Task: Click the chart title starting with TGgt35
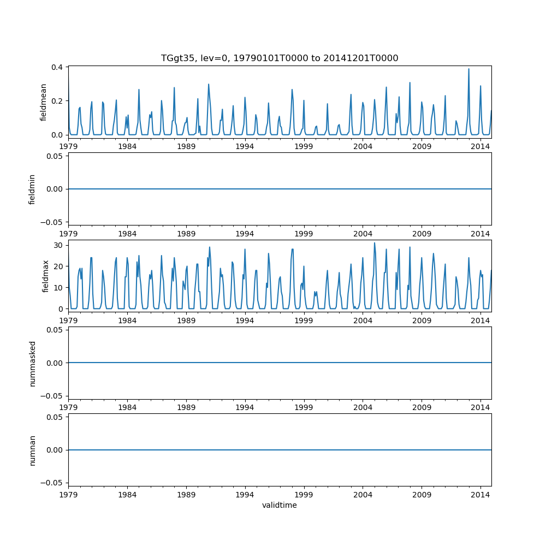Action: point(280,58)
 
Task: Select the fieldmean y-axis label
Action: point(43,102)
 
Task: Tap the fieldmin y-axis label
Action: point(32,189)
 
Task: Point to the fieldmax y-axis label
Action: point(46,276)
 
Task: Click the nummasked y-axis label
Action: point(32,363)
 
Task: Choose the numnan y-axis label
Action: point(32,450)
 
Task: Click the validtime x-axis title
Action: point(280,505)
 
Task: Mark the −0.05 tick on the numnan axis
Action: point(52,483)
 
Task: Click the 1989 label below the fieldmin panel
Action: point(186,233)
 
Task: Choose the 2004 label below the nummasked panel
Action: point(363,407)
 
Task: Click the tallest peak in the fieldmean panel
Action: point(468,69)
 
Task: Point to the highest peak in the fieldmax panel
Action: point(375,243)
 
